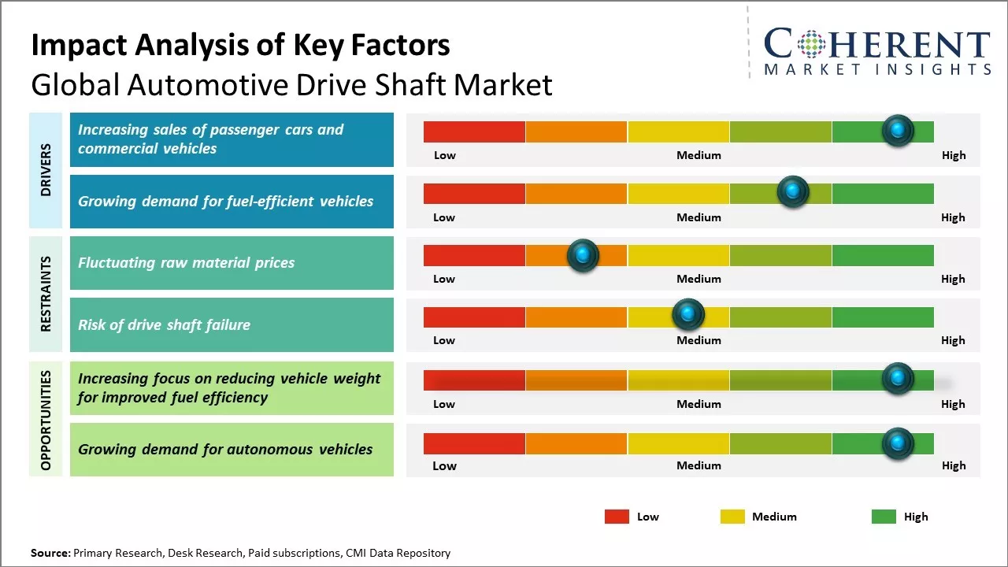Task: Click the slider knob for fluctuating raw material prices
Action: click(x=583, y=255)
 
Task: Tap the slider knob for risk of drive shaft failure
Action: click(x=687, y=315)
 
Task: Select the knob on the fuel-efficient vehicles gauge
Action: click(x=792, y=191)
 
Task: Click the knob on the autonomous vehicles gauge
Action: click(x=897, y=444)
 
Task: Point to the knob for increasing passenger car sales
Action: click(x=897, y=130)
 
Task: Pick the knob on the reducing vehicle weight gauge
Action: click(x=897, y=379)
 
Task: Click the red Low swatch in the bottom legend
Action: click(x=617, y=517)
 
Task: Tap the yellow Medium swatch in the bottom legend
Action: click(x=732, y=517)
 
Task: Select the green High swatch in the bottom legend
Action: click(x=884, y=517)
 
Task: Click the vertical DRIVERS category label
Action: click(x=46, y=170)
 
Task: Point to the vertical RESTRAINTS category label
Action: click(x=46, y=294)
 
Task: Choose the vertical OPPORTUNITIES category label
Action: click(x=46, y=420)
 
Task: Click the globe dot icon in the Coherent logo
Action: click(x=812, y=43)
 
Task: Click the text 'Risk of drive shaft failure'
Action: click(x=164, y=324)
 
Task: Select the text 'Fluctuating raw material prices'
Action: click(x=186, y=263)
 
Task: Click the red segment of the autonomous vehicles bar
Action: click(x=474, y=444)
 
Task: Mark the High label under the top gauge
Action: click(x=953, y=155)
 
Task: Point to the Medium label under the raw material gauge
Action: click(x=699, y=279)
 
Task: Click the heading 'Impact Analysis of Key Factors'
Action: click(x=240, y=46)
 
